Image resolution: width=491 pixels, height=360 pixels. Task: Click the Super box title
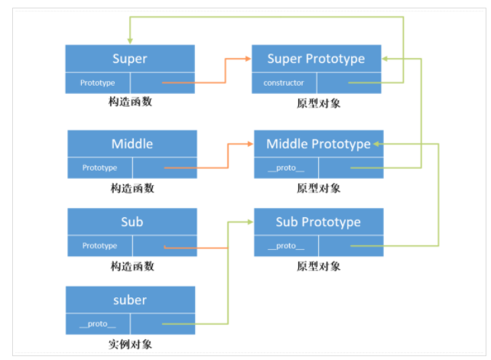coord(130,59)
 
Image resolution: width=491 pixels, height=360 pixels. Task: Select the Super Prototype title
coord(317,59)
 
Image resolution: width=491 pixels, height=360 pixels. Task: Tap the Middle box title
coord(132,144)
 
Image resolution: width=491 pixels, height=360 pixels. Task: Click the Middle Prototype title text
coord(318,144)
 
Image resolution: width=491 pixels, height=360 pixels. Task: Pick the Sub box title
coord(132,222)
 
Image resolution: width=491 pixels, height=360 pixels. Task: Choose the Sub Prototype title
coord(318,222)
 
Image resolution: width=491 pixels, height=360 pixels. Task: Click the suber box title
coord(130,300)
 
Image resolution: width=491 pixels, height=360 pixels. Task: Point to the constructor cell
coord(284,83)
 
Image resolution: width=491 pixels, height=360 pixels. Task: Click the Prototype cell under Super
coord(97,83)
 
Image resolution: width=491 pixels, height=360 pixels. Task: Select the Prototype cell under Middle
coord(99,168)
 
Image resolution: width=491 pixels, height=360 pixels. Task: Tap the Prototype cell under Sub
coord(99,246)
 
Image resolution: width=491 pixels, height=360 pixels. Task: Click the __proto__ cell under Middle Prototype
coord(286,168)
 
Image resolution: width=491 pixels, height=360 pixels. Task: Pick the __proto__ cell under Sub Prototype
coord(286,246)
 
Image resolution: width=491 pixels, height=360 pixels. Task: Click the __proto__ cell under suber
coord(97,324)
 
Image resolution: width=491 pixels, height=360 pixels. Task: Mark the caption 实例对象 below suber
coord(130,345)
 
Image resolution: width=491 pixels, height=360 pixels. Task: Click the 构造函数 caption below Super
coord(130,102)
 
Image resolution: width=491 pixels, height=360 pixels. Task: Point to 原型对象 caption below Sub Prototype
coord(319,267)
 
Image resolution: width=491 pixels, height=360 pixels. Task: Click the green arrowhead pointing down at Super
coord(130,41)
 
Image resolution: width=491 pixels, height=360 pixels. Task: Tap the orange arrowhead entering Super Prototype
coord(248,59)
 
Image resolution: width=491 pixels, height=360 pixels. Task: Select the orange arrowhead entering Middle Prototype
coord(250,144)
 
